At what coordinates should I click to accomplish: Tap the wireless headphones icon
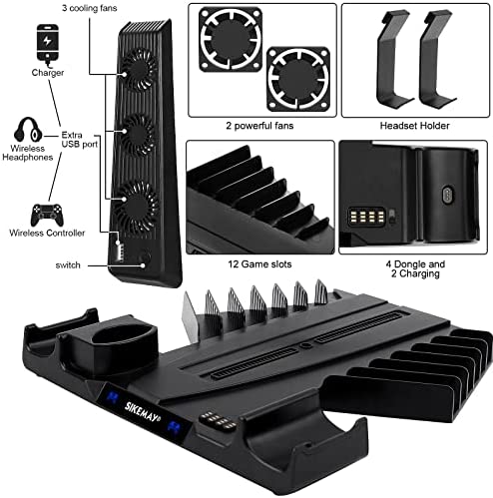(x=28, y=130)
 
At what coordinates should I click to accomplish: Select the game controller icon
(x=47, y=215)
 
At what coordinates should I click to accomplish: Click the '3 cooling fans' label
(x=90, y=8)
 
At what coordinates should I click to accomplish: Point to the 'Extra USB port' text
(x=80, y=140)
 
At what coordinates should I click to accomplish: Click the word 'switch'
(x=68, y=265)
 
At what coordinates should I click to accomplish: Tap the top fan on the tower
(x=138, y=69)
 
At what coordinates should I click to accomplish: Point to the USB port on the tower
(x=120, y=249)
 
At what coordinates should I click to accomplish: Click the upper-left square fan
(x=231, y=40)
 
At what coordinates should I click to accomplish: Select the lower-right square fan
(x=298, y=79)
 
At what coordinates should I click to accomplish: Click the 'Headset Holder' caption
(x=414, y=126)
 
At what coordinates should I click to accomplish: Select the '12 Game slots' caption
(x=259, y=264)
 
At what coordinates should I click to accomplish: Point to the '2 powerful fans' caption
(x=259, y=126)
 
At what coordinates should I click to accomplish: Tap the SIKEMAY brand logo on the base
(x=143, y=412)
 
